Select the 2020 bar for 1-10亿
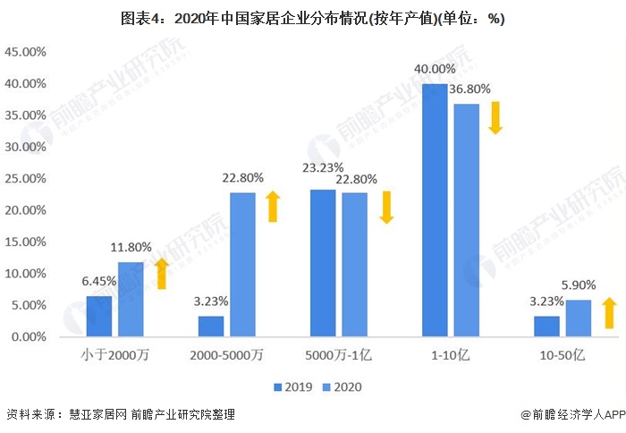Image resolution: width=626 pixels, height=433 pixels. click(x=466, y=220)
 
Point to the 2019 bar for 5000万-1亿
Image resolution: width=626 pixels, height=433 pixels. click(x=323, y=263)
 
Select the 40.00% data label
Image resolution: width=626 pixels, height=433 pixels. click(x=434, y=69)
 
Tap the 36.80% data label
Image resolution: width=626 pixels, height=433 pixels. click(x=469, y=89)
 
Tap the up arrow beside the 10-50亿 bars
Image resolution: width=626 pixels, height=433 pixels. click(x=609, y=313)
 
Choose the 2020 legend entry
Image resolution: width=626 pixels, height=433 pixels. click(x=343, y=386)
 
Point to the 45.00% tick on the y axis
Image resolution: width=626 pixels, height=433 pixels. click(x=26, y=52)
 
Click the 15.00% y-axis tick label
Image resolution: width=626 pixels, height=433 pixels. click(x=26, y=242)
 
